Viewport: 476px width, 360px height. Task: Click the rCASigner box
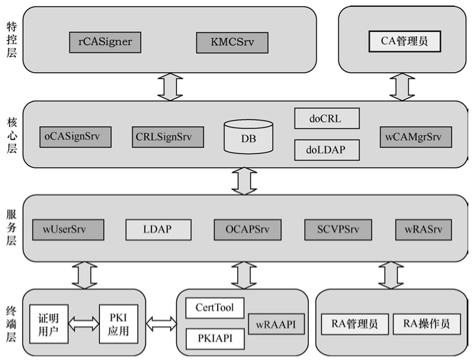click(104, 42)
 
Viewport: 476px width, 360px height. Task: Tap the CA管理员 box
click(404, 42)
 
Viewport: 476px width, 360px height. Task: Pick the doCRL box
click(328, 119)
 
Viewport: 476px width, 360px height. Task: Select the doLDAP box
click(328, 148)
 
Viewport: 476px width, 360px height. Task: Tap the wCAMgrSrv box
click(414, 137)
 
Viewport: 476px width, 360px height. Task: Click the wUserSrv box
click(68, 229)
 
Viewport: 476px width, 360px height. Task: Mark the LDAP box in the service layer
click(158, 229)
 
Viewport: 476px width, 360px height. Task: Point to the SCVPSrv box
click(338, 229)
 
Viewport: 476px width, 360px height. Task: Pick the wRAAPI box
click(276, 324)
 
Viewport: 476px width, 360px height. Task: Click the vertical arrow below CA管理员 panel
click(401, 86)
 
